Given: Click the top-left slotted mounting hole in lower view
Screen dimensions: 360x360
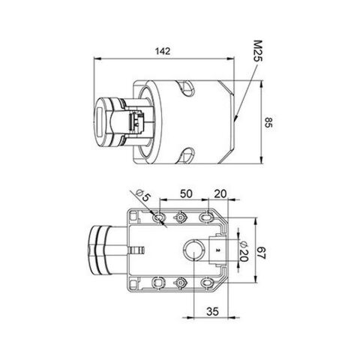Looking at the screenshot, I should pos(159,217).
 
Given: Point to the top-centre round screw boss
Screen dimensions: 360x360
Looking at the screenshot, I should pos(181,217).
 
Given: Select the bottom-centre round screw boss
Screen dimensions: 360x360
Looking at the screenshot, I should pos(181,282).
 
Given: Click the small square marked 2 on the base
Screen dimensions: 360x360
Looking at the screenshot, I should pos(214,249).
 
